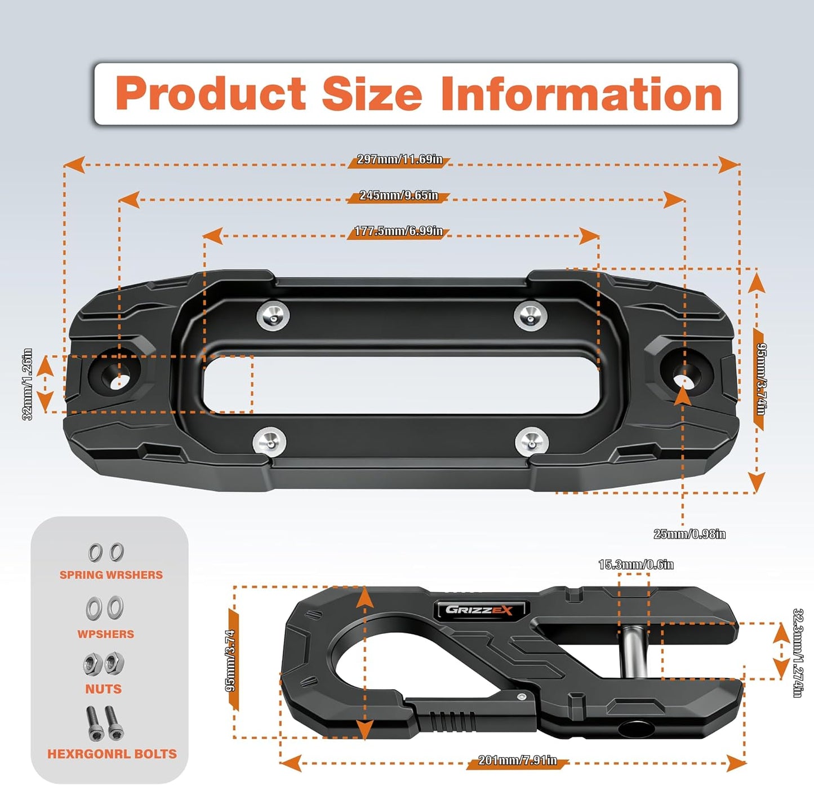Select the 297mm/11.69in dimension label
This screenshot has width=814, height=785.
(399, 160)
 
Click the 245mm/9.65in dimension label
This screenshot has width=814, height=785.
(399, 196)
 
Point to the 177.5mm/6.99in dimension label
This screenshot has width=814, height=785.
(398, 231)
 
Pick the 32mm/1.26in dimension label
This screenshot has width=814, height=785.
(27, 385)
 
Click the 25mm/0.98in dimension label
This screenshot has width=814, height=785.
(690, 534)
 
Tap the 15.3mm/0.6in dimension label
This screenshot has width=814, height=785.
(636, 565)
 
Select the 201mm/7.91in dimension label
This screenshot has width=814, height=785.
(518, 760)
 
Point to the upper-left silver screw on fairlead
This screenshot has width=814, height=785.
(273, 315)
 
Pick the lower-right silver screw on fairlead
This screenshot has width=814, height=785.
(532, 443)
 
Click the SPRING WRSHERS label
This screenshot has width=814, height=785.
(111, 575)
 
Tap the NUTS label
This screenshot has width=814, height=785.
(103, 689)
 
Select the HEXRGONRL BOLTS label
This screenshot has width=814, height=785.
(112, 754)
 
